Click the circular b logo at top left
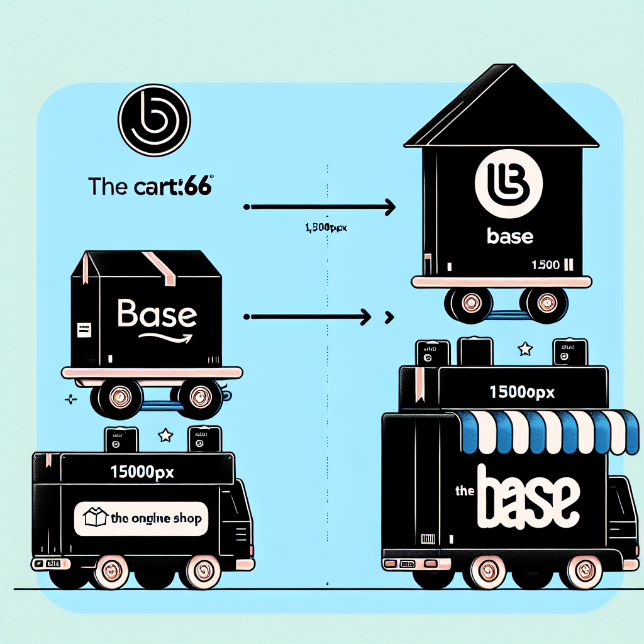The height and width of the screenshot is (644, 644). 154,121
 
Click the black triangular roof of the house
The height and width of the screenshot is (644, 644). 501,113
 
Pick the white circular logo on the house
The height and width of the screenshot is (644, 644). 509,185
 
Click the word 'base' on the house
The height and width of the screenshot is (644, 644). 510,237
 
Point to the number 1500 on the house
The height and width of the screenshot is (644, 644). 545,265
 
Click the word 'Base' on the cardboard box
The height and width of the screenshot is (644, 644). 157,314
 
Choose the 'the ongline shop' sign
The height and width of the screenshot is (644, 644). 141,518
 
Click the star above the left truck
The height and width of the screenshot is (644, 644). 166,434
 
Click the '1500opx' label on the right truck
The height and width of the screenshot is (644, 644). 521,391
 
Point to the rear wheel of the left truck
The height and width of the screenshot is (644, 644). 203,570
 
